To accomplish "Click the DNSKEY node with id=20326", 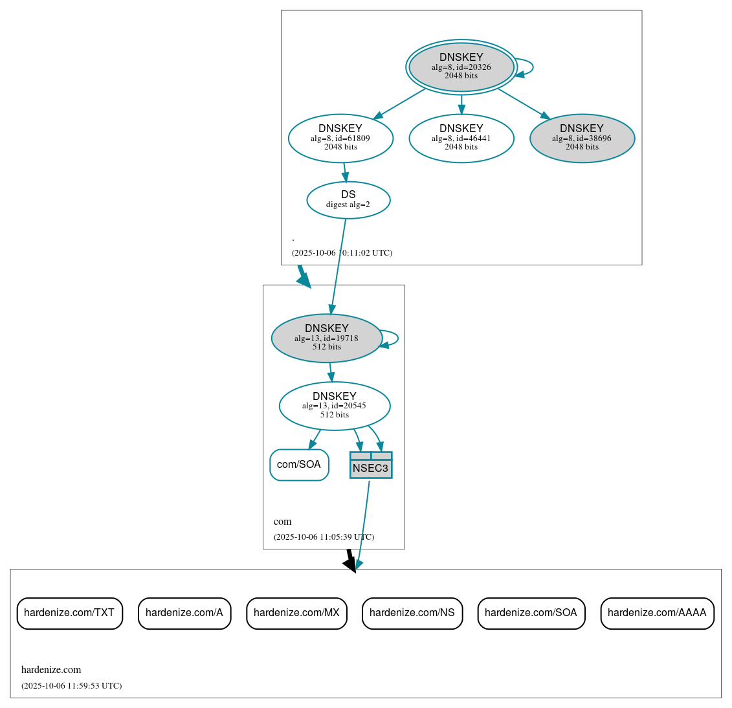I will [x=461, y=67].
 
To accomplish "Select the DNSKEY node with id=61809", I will [x=340, y=138].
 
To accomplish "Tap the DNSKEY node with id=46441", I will [x=461, y=138].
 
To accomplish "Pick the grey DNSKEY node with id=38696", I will [x=582, y=138].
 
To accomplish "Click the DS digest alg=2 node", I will [x=348, y=200].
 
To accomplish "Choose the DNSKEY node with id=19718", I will [x=327, y=338].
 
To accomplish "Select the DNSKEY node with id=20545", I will [x=335, y=406].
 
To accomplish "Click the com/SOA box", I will [x=299, y=465].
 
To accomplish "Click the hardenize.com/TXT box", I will [x=69, y=613].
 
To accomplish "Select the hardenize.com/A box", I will [x=184, y=613].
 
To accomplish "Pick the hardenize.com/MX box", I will [x=296, y=613].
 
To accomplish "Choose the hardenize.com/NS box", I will [x=412, y=613].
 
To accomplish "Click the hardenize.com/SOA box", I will [x=531, y=613].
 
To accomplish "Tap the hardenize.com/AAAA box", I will [x=657, y=613].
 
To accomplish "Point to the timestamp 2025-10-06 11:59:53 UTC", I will [x=71, y=686].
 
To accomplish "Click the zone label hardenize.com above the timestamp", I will [x=51, y=670].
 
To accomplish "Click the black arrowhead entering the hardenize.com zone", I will [x=350, y=564].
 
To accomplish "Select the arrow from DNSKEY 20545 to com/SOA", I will [x=315, y=439].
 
